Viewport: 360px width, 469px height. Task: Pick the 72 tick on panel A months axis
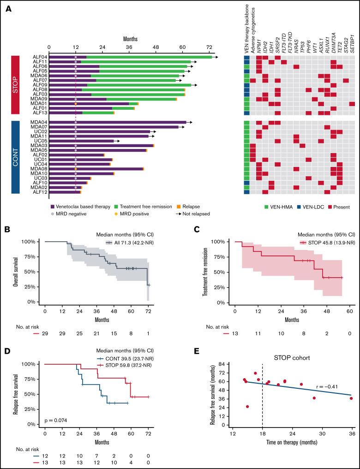[209, 47]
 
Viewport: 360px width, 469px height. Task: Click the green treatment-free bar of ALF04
[148, 57]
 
